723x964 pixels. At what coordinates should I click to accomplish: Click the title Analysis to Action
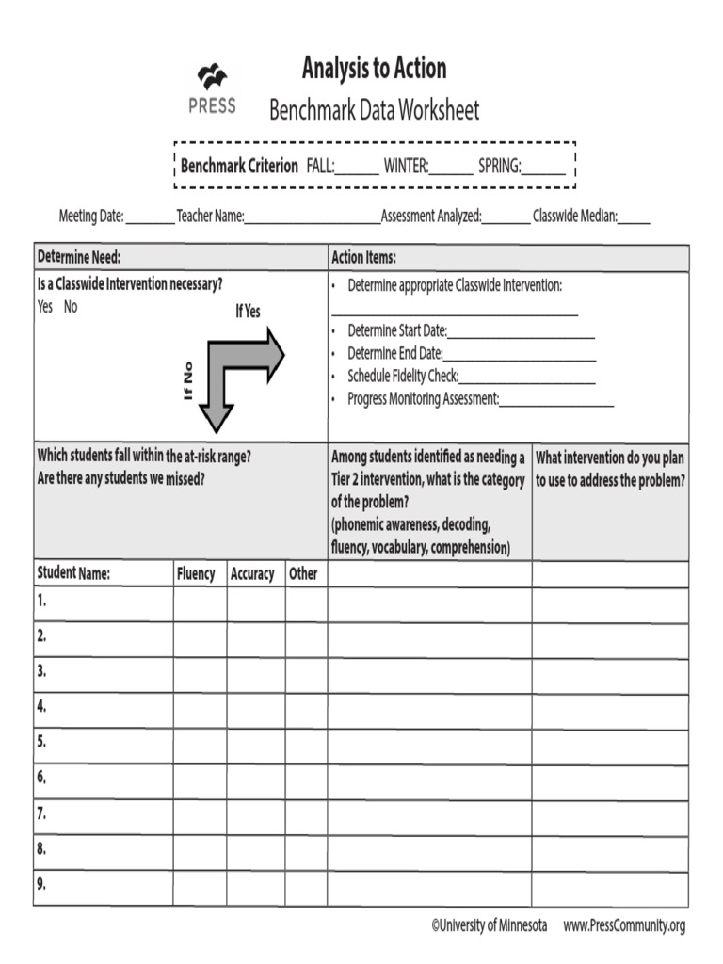(374, 69)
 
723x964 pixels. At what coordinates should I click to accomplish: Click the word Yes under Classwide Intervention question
(44, 307)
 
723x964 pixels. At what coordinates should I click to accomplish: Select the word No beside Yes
(71, 307)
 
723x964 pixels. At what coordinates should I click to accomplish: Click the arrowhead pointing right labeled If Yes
(275, 355)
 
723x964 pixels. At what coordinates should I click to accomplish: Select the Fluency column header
(196, 574)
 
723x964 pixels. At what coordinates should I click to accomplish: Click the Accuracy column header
(252, 574)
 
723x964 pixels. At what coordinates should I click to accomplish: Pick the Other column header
(303, 574)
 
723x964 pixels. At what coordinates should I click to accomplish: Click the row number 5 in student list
(41, 742)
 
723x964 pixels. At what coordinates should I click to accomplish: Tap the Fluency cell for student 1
(199, 603)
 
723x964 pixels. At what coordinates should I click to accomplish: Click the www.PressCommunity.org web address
(624, 926)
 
